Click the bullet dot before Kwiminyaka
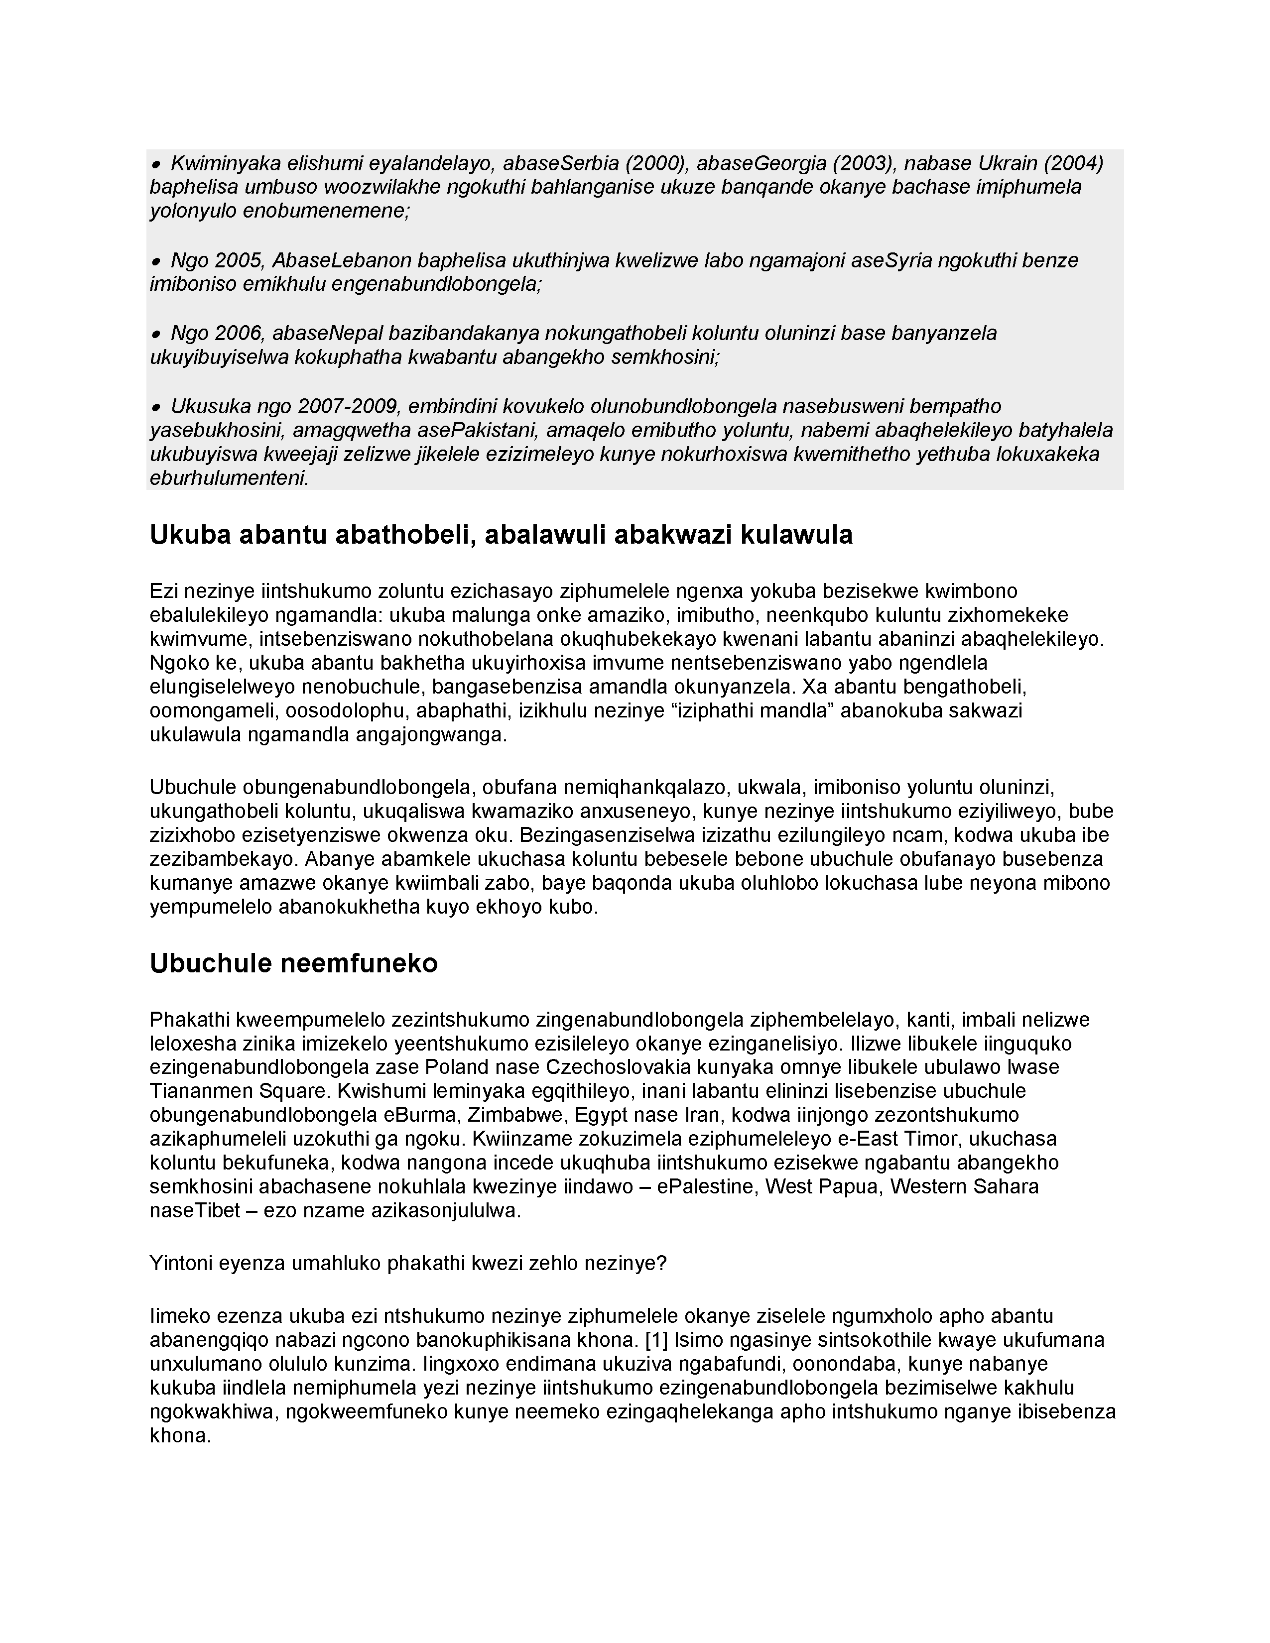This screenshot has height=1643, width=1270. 156,164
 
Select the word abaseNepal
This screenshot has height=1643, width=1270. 327,333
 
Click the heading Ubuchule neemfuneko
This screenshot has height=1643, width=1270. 293,964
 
